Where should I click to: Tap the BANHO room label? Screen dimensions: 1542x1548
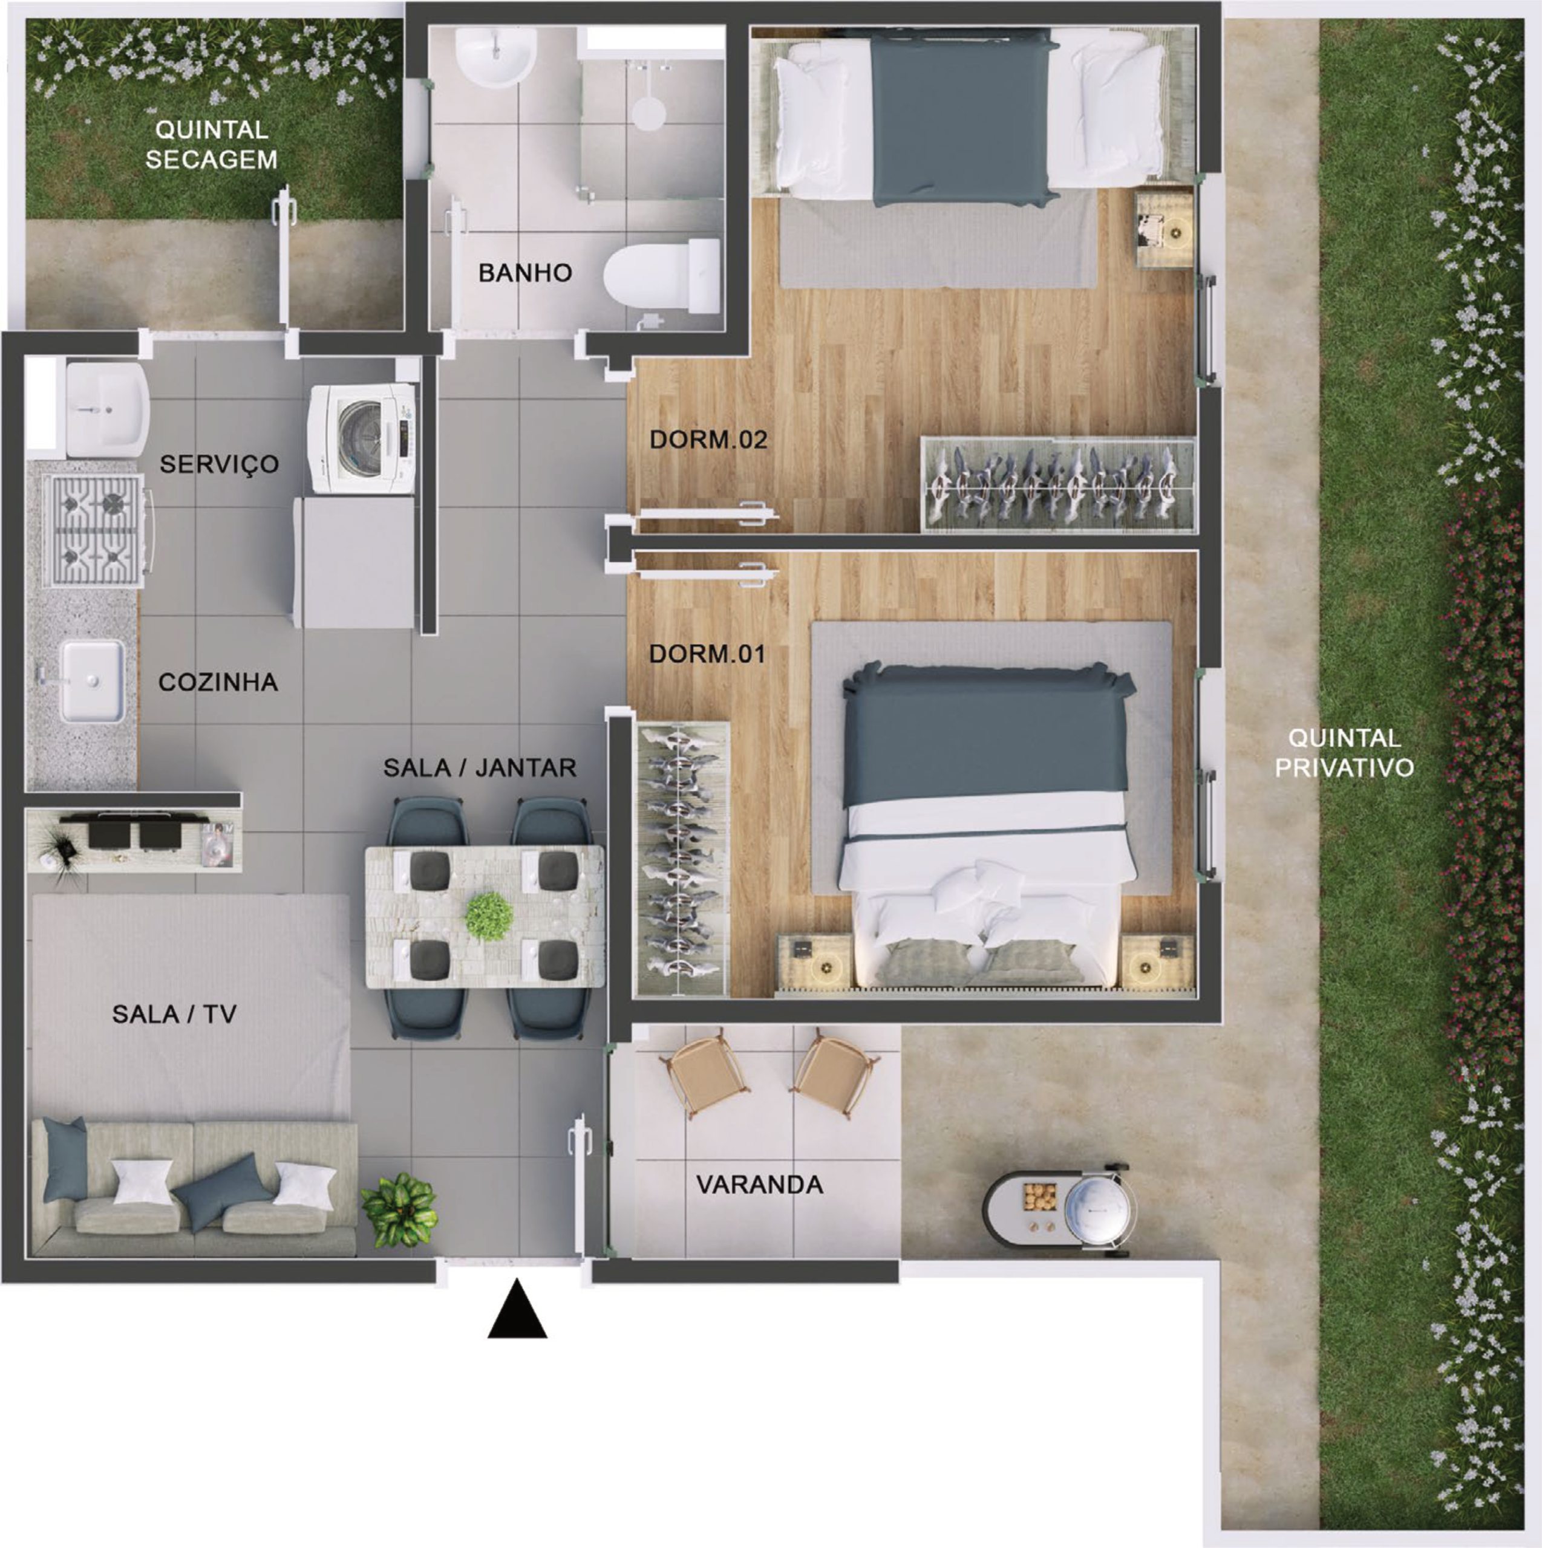[525, 273]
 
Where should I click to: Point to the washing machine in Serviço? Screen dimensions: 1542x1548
[363, 439]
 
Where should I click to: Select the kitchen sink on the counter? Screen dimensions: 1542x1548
[91, 680]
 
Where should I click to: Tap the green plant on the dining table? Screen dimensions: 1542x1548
[489, 917]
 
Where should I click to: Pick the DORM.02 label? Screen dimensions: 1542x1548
[708, 439]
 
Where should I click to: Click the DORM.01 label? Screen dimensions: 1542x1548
[707, 654]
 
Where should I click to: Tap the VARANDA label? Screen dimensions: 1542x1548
[759, 1184]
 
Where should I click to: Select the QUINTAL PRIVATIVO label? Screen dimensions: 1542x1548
[1344, 752]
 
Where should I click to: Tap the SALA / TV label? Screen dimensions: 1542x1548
[175, 1015]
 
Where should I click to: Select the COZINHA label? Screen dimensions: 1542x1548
[218, 682]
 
